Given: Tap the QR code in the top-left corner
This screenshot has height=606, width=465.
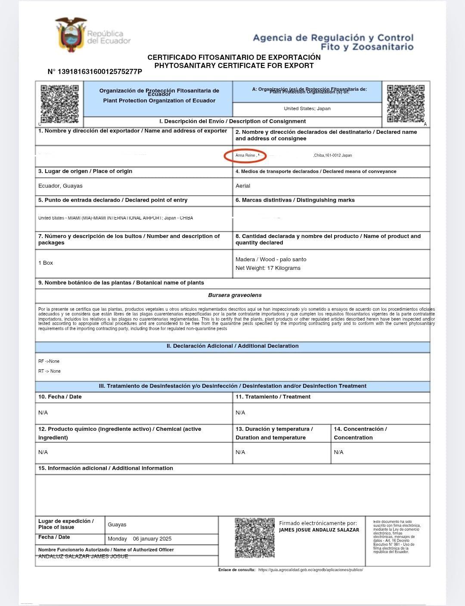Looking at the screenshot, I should click(x=59, y=103).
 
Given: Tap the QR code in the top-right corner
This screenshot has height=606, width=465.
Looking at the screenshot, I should click(x=405, y=103).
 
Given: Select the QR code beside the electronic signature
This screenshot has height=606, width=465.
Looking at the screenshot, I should click(x=254, y=538).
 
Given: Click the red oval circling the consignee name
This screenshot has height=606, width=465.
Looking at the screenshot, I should click(x=245, y=155).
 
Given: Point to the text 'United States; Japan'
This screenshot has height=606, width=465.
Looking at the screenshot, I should click(x=307, y=108).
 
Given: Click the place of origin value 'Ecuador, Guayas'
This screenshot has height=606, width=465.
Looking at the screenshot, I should click(x=60, y=186).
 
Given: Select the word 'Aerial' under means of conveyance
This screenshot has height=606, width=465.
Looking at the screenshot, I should click(x=243, y=186).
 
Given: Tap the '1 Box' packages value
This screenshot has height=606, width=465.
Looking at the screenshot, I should click(x=46, y=263).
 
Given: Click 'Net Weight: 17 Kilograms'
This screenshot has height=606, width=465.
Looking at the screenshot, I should click(x=268, y=268).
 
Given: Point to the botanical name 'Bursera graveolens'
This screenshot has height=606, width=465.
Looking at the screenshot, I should click(x=235, y=295).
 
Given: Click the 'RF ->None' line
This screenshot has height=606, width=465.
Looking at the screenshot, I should click(x=49, y=361).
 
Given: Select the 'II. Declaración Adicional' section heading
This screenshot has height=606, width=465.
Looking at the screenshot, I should click(x=232, y=346).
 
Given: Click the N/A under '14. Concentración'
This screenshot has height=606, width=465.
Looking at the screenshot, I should click(x=338, y=452).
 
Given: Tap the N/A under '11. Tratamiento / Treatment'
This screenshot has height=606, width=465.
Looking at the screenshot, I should click(x=240, y=413).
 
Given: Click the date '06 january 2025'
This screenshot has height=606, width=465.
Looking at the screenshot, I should click(x=152, y=539).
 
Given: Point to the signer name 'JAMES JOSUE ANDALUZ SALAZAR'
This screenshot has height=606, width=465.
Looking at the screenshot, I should click(x=319, y=530).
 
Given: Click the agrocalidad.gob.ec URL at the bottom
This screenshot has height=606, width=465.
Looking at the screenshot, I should click(x=310, y=570).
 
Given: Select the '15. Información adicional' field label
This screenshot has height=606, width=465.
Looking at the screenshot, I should click(x=105, y=468).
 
